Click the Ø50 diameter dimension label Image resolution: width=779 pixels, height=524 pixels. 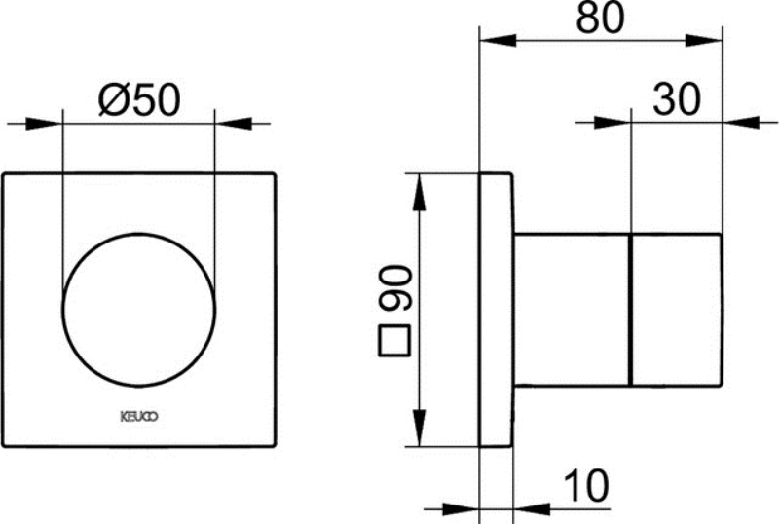(139, 100)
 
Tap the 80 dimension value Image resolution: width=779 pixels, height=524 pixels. (600, 18)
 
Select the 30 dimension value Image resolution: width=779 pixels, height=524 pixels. (677, 99)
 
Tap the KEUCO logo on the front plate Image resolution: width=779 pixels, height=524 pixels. (138, 415)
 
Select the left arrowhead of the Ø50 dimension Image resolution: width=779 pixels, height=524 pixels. (45, 124)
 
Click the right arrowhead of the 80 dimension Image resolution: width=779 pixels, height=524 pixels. (705, 40)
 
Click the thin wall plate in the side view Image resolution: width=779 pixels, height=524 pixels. (497, 310)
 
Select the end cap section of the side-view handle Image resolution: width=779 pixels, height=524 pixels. (677, 310)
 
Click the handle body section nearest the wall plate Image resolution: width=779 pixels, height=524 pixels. (573, 310)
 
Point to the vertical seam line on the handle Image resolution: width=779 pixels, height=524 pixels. (631, 310)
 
